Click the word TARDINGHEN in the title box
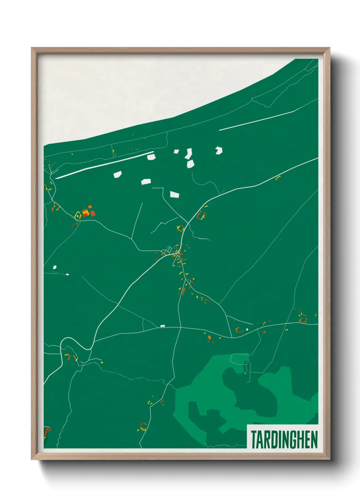(284, 440)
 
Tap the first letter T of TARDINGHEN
(254, 440)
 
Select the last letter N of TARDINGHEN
(314, 440)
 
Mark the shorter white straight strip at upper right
(256, 120)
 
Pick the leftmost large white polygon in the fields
(117, 175)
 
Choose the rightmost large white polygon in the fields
(219, 150)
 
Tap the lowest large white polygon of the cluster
(174, 194)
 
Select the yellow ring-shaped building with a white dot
(78, 215)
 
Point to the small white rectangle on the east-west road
(163, 326)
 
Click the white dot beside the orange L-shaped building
(247, 329)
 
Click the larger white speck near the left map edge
(55, 267)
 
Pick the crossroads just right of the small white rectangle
(180, 328)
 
